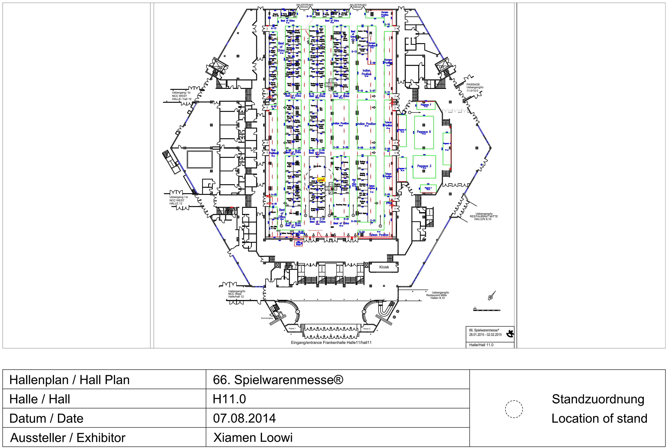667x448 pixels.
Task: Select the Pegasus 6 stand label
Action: coord(424,132)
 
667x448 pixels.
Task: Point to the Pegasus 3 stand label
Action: coord(424,166)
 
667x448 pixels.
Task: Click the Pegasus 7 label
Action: coord(426,105)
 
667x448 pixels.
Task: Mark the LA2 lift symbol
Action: coord(220,68)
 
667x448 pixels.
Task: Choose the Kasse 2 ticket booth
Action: coord(367,329)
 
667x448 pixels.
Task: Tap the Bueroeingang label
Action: coord(267,318)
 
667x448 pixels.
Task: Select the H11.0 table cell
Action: coord(229,399)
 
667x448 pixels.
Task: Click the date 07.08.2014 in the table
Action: coord(244,418)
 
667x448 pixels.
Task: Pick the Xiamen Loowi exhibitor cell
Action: coord(253,437)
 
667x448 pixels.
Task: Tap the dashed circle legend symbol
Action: coord(514,409)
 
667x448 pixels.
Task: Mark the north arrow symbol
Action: coord(492,296)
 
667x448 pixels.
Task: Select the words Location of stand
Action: coord(599,419)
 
